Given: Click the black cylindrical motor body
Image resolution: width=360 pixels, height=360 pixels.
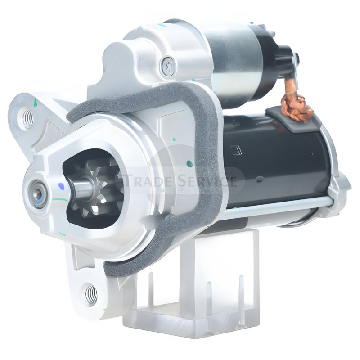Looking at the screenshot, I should click(x=279, y=162).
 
